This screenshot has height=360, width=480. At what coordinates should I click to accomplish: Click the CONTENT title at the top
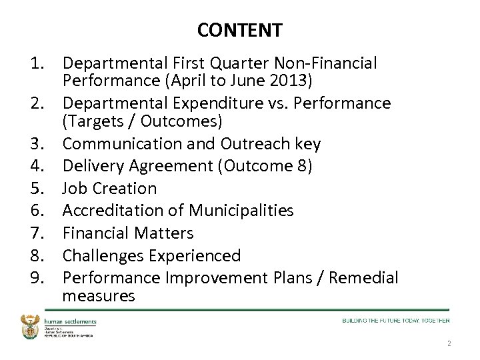tap(240, 31)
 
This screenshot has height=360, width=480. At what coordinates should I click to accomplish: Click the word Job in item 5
tap(75, 189)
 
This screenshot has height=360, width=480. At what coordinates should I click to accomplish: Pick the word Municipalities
tap(241, 211)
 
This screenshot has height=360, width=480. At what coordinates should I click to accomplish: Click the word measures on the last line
tap(99, 296)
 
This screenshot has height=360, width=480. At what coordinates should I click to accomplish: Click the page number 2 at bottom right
tap(449, 344)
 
